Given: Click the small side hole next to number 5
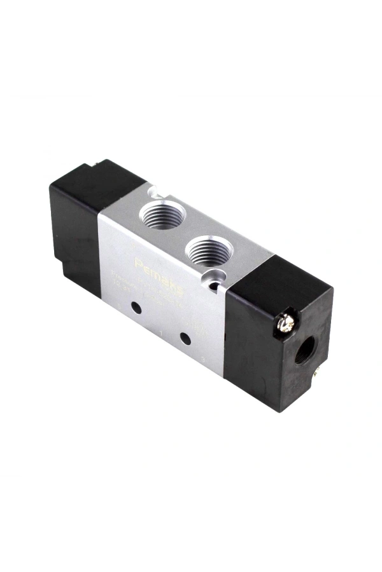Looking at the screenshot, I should (x=136, y=308).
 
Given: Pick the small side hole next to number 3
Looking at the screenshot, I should (x=184, y=338).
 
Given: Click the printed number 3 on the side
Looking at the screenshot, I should (x=202, y=360).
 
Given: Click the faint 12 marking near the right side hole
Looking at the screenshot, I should (x=201, y=330).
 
